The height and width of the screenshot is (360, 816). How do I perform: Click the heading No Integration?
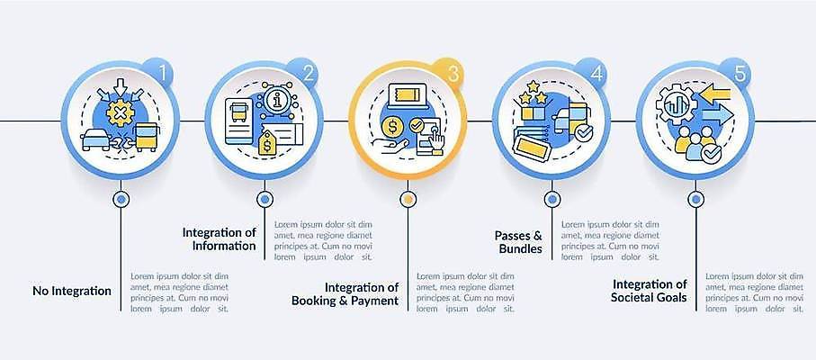tap(72, 291)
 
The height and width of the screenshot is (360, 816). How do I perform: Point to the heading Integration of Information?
tap(220, 238)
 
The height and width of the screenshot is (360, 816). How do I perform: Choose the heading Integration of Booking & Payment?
tap(345, 294)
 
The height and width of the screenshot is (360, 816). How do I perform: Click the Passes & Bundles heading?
tap(518, 242)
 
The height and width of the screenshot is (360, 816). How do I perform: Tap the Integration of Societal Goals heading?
tap(649, 291)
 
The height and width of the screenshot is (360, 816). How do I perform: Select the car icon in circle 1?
tap(95, 139)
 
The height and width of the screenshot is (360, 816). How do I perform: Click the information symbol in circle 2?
tap(276, 99)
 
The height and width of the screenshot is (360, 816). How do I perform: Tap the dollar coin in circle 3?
tap(392, 126)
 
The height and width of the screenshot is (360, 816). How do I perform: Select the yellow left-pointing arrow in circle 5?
tap(714, 94)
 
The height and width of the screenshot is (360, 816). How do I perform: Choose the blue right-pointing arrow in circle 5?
tap(718, 115)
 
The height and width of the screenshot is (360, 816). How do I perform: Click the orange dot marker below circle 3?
tap(408, 198)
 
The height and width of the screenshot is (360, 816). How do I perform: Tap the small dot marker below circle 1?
tap(121, 198)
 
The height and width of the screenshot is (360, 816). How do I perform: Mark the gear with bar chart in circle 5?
tap(676, 104)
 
